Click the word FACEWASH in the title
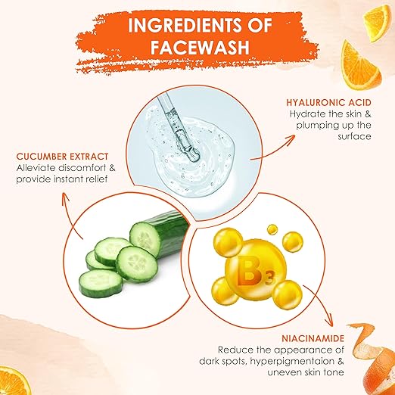coord(200,47)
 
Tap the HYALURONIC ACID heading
coord(328,102)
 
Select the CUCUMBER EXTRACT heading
coord(62,157)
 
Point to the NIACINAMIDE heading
coord(313,338)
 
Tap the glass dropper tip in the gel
coord(194,154)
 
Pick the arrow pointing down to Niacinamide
coord(322,303)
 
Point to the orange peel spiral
coord(372,358)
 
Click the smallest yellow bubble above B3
coord(272,229)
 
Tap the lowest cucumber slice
coord(101,283)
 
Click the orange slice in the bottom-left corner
coord(13,381)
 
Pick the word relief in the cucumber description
coord(96,179)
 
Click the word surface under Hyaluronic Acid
coord(354,137)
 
